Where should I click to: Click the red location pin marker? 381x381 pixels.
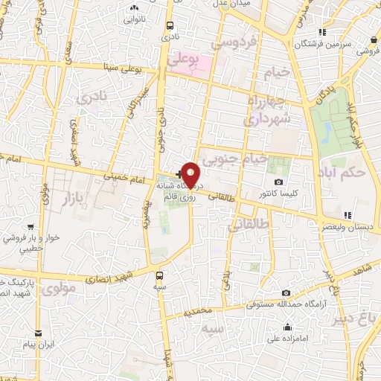coord(190,174)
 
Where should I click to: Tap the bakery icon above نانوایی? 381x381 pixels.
coord(135,7)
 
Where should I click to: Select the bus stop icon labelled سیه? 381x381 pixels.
coord(160,273)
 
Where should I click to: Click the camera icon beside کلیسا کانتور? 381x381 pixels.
coord(278,182)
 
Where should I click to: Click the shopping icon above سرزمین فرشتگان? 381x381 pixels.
coord(321,32)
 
